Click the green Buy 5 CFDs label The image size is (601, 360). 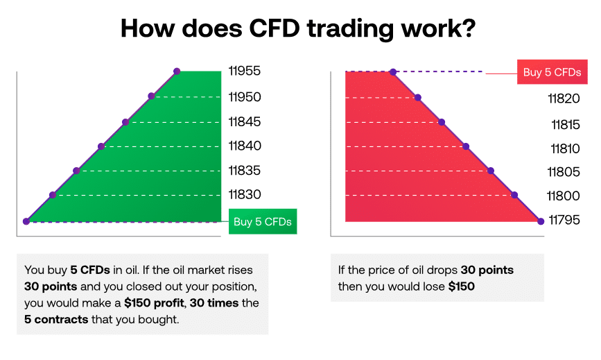(x=262, y=222)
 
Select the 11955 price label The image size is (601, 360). (x=245, y=71)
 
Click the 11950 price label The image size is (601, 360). (x=245, y=96)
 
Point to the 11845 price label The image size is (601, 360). (x=245, y=121)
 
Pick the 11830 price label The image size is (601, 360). (x=245, y=195)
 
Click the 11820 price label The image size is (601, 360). (x=563, y=98)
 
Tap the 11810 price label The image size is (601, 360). (x=564, y=148)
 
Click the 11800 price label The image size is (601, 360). (x=563, y=196)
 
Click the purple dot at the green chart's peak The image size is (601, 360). (x=177, y=71)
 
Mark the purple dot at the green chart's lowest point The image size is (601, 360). (x=26, y=221)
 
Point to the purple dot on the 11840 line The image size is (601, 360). (x=101, y=146)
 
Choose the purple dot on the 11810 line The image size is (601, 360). (x=466, y=146)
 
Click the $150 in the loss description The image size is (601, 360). (x=461, y=286)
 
